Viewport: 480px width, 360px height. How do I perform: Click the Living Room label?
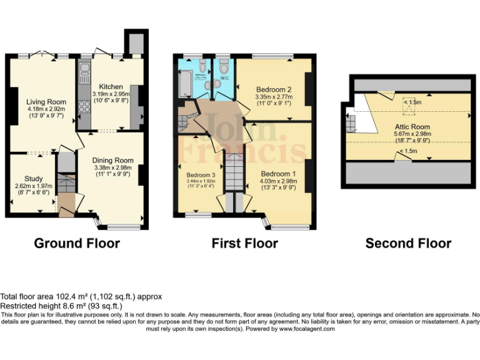pos(46,102)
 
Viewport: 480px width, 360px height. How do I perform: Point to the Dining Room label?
pos(113,160)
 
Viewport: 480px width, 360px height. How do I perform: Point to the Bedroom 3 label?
pos(200,175)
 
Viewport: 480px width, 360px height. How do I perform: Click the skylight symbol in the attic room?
pos(409,105)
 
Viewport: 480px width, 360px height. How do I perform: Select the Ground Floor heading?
pos(76,243)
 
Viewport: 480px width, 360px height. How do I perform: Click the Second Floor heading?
pos(408,243)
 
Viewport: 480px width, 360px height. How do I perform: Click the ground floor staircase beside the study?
pos(65,185)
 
